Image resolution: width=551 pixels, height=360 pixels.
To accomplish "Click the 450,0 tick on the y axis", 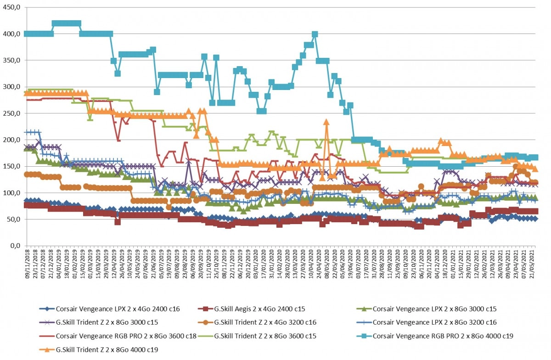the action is pos(11,7).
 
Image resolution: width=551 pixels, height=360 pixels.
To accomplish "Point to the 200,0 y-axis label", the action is pos(11,140).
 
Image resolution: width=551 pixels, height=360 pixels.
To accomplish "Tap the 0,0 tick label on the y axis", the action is pos(15,246).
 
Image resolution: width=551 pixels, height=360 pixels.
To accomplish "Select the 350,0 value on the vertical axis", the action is pos(11,60).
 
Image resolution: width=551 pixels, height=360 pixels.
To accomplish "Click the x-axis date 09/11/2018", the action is pos(27,264).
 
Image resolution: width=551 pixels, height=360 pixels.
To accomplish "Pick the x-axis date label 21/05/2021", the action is pos(532,264).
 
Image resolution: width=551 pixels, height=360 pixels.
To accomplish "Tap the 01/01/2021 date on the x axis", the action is pos(453,264).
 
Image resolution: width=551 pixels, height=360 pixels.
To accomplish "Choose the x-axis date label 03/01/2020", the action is pos(256,264).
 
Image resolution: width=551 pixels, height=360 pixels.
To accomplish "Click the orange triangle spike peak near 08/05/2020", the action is pos(326,122).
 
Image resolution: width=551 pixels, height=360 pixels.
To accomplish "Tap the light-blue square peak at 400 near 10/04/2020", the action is pos(315,34).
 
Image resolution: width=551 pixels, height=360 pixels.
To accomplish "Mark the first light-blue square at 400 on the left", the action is pos(27,34).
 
